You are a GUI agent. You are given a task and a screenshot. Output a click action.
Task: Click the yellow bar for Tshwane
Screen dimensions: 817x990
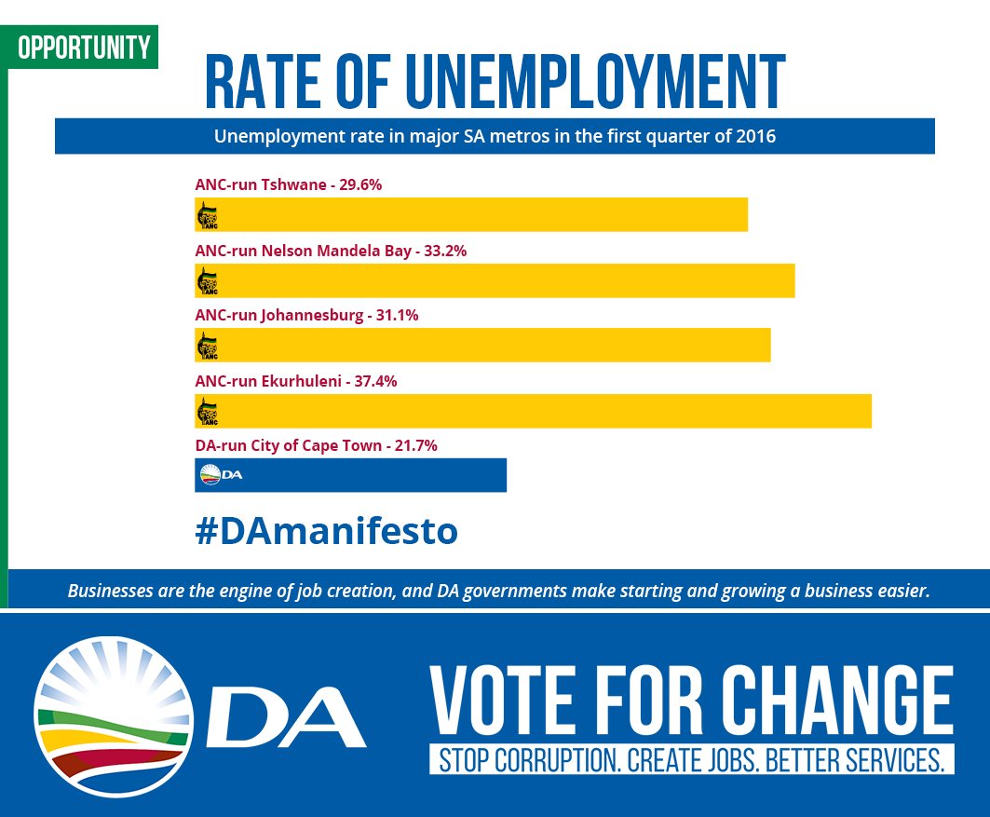pos(470,215)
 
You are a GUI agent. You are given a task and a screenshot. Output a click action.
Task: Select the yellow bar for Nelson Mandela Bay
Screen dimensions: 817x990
pos(494,280)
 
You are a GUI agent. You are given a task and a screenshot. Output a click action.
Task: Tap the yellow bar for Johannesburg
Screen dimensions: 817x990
pos(482,346)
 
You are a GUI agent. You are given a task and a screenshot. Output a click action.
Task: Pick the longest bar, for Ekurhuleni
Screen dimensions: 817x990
pos(533,411)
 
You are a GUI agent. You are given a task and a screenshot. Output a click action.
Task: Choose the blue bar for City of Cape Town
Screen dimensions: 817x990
pos(350,475)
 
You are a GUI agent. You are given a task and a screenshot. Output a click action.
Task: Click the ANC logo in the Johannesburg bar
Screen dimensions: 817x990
pos(207,347)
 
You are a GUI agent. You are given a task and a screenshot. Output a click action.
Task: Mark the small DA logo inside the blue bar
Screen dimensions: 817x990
pos(222,475)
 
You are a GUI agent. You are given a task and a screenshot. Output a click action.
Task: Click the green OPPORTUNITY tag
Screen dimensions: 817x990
pos(83,47)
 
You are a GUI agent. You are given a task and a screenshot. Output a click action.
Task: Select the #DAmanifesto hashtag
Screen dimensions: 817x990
pos(327,531)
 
